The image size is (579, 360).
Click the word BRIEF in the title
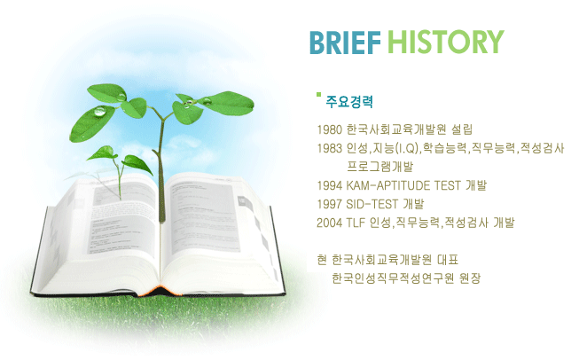(345, 42)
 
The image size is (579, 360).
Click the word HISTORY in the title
(446, 42)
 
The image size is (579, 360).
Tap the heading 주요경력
(349, 102)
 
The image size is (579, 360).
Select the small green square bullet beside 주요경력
(318, 95)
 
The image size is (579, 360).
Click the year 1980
(329, 129)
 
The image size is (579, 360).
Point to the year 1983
(329, 148)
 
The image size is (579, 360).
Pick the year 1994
(329, 185)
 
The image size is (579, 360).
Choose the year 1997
(329, 204)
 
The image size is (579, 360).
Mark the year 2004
(329, 223)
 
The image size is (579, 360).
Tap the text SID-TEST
(372, 204)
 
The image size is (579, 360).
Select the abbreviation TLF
(356, 223)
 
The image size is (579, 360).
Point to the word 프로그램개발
(380, 167)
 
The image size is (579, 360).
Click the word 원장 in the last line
(470, 278)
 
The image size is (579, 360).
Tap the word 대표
(448, 260)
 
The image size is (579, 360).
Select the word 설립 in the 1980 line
(462, 129)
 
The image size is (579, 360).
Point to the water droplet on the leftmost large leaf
(100, 111)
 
